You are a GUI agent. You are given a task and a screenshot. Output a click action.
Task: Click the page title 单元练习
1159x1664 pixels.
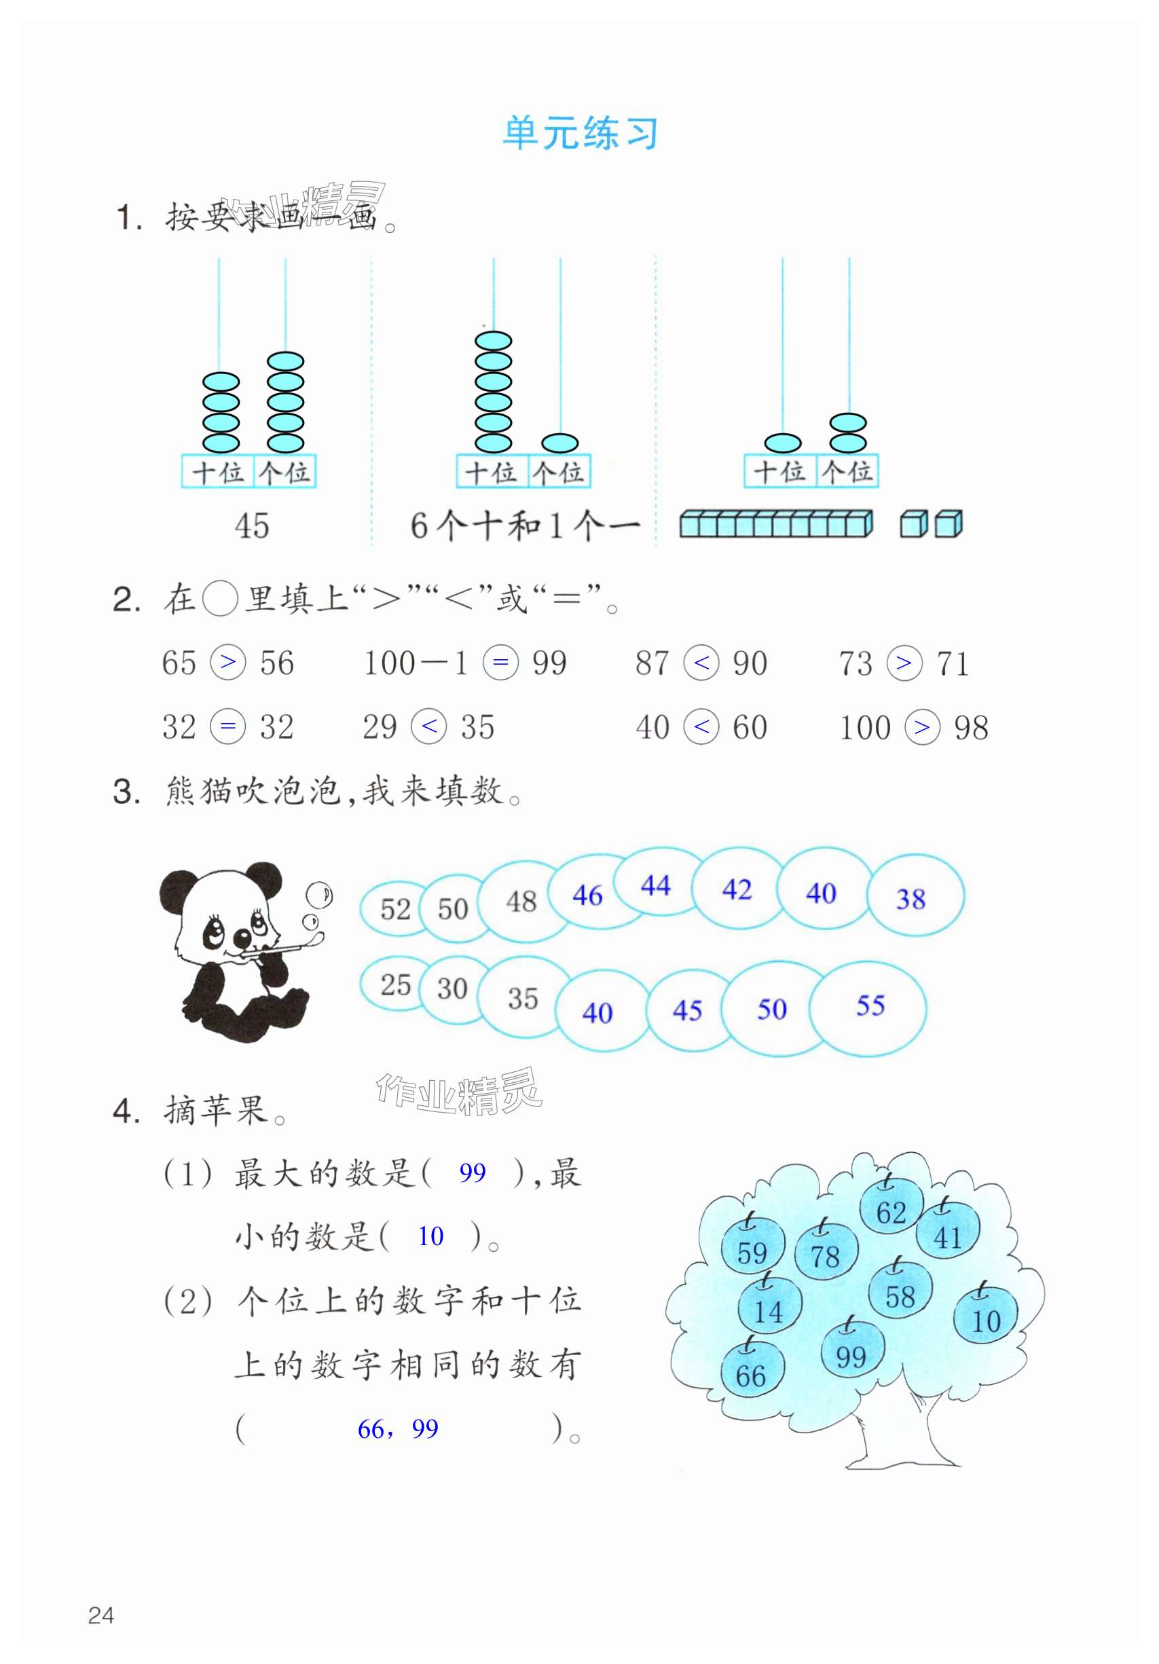tap(580, 133)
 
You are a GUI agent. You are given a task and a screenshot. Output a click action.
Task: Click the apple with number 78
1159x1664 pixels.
tap(825, 1253)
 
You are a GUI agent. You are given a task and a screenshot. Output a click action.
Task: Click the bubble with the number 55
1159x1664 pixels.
tap(870, 1006)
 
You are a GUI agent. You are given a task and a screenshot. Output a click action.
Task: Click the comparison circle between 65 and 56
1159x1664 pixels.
tap(227, 663)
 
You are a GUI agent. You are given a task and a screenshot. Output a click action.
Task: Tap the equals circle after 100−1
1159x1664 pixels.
tap(500, 663)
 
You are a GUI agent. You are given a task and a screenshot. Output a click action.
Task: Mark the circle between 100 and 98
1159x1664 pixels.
tap(922, 727)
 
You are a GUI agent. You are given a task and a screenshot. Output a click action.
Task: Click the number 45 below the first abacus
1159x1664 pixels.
tap(251, 525)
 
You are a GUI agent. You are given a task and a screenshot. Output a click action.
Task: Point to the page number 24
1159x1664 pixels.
tap(100, 1614)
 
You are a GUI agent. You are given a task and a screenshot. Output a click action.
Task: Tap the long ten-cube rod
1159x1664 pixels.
tap(775, 524)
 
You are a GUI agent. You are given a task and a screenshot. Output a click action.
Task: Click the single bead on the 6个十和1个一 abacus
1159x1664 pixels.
tap(559, 443)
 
